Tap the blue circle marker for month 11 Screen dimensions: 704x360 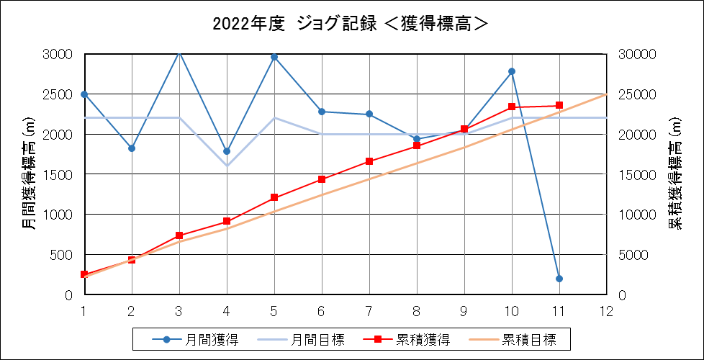click(559, 279)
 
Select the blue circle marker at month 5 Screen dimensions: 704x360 click(274, 57)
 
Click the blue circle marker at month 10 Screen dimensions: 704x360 click(512, 71)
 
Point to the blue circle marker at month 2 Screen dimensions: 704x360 click(132, 148)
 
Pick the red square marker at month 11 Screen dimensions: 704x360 click(559, 106)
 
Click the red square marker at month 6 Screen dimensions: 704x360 click(322, 179)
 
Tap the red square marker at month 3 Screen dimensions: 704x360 click(179, 235)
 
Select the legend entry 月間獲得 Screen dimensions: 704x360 click(195, 340)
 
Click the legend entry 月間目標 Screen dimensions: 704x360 click(302, 340)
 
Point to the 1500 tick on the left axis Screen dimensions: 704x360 click(60, 174)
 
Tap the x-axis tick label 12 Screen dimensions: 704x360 click(607, 310)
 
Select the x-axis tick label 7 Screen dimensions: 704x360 click(369, 310)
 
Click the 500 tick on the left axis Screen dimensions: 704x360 click(63, 254)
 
